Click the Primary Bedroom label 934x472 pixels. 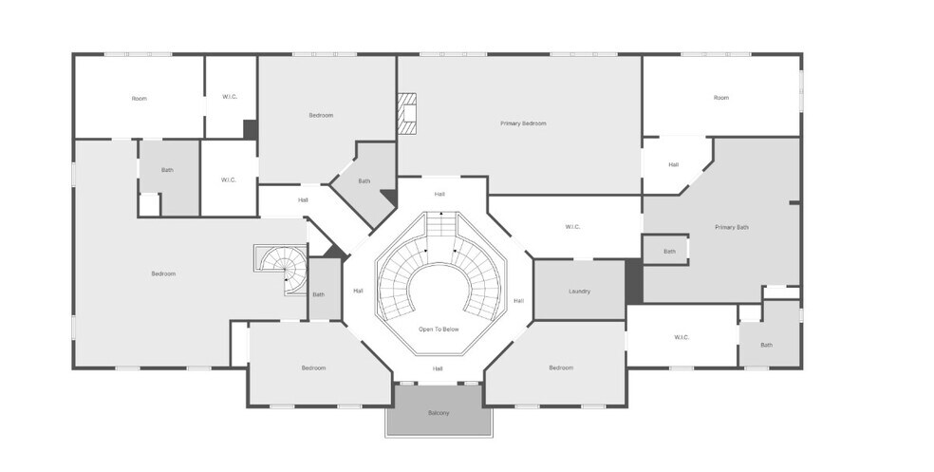pos(523,123)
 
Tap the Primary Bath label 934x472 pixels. pos(732,227)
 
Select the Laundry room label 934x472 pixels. pos(580,292)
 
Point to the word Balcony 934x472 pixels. pos(439,413)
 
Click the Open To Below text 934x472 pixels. pos(439,329)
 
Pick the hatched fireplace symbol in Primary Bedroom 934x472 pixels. pos(407,113)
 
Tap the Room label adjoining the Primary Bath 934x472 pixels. pos(721,98)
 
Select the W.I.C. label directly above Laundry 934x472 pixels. pos(572,226)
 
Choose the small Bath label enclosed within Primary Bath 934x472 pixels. pos(669,252)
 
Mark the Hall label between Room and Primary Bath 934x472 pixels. pos(673,164)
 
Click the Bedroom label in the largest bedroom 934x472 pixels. pos(163,274)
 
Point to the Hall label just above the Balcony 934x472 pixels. pos(438,368)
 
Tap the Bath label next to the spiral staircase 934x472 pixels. pos(319,294)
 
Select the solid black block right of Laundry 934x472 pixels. pos(634,281)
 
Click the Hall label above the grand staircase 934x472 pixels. pos(439,195)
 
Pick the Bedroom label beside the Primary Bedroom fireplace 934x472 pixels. pos(321,115)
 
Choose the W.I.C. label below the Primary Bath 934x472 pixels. pos(682,337)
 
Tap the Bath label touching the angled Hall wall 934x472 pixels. pos(364,181)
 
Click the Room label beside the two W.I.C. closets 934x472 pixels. pos(139,99)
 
